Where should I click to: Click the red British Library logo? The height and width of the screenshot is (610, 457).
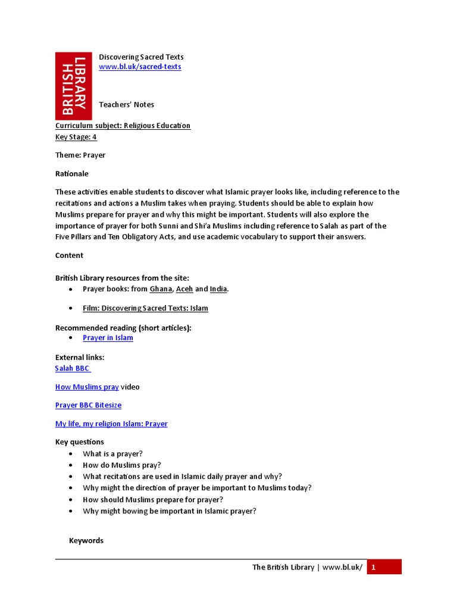pyautogui.click(x=73, y=86)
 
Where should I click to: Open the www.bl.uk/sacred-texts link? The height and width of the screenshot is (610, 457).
pyautogui.click(x=140, y=67)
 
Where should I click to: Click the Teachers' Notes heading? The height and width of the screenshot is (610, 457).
pyautogui.click(x=126, y=105)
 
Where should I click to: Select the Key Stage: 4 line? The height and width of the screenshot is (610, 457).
pyautogui.click(x=76, y=137)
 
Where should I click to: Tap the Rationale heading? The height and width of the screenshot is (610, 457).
pyautogui.click(x=72, y=174)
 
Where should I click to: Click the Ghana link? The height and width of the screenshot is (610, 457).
pyautogui.click(x=161, y=289)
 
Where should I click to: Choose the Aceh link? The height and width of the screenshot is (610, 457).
pyautogui.click(x=184, y=289)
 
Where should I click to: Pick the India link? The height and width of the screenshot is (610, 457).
pyautogui.click(x=218, y=289)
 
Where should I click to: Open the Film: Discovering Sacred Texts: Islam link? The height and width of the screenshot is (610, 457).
pyautogui.click(x=145, y=309)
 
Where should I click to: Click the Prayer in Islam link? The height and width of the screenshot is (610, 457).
pyautogui.click(x=108, y=338)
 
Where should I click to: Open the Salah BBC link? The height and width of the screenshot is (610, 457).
pyautogui.click(x=73, y=369)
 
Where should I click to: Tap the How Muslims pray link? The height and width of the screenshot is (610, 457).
pyautogui.click(x=87, y=387)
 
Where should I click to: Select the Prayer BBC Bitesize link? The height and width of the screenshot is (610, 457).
pyautogui.click(x=88, y=406)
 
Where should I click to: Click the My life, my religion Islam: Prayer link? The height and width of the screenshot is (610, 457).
pyautogui.click(x=111, y=424)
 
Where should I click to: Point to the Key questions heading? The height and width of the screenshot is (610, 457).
pyautogui.click(x=80, y=442)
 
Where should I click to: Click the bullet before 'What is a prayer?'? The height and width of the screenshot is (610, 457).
pyautogui.click(x=71, y=454)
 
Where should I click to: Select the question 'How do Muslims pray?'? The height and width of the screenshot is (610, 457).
pyautogui.click(x=122, y=465)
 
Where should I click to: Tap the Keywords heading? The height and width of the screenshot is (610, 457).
pyautogui.click(x=86, y=541)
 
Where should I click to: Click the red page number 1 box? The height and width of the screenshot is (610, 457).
pyautogui.click(x=384, y=567)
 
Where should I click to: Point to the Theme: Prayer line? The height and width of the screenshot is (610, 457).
pyautogui.click(x=80, y=155)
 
